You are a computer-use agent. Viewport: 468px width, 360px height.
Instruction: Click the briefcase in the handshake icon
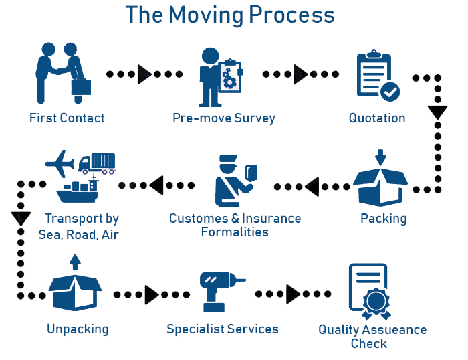point(82,87)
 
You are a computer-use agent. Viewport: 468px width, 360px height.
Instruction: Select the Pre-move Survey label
point(224,118)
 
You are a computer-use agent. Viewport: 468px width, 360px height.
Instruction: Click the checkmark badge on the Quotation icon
point(389,92)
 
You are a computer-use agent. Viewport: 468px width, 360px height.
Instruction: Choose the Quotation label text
point(377,118)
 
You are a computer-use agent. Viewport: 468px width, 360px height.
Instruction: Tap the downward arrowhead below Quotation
point(437,112)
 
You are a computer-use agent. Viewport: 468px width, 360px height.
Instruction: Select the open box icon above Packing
point(380,184)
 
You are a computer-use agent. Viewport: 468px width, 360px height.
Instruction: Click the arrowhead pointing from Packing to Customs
point(312,188)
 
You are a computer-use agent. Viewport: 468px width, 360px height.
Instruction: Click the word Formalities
point(235,232)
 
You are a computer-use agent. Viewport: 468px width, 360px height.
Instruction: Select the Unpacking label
point(78,329)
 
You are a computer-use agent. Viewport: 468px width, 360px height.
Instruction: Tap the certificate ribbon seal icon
point(376,302)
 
